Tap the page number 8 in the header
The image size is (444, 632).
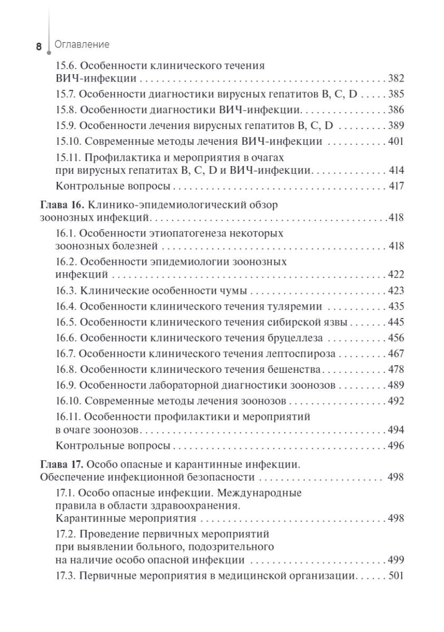(x=39, y=47)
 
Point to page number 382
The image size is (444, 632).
(x=396, y=79)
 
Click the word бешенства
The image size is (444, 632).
(x=297, y=369)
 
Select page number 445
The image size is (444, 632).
(x=396, y=322)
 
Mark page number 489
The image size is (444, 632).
(x=396, y=385)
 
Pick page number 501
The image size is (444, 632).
(x=396, y=576)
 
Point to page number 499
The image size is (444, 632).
(x=396, y=560)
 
